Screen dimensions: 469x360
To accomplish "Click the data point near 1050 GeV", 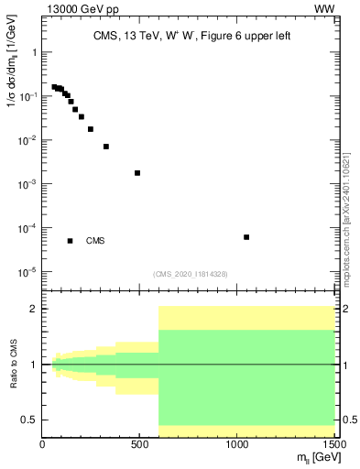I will click(246, 237).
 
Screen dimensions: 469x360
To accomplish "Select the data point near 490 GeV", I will click(137, 173).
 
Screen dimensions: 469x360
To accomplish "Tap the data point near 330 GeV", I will click(106, 147).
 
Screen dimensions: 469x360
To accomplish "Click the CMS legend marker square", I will click(70, 241).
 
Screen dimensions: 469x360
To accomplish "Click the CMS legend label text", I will click(95, 241).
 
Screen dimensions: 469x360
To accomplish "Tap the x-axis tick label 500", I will click(139, 445).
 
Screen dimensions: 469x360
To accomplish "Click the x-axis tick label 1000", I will click(236, 445).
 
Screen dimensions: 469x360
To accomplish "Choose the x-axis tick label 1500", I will click(333, 445).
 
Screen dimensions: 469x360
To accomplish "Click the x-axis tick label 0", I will click(43, 445).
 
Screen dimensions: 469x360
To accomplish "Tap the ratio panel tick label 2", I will click(33, 309).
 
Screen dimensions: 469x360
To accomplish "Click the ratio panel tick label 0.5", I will click(28, 420).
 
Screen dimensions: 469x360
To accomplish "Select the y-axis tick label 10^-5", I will click(27, 272).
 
